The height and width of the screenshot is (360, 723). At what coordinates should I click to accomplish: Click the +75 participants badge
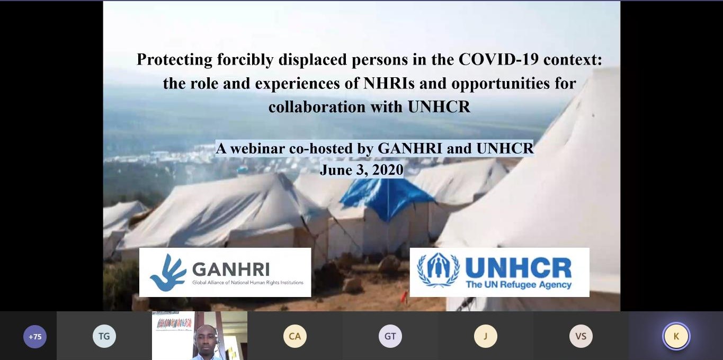(35, 337)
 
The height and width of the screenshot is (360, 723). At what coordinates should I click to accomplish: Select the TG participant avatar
(104, 336)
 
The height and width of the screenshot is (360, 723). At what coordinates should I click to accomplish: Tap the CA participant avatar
(294, 336)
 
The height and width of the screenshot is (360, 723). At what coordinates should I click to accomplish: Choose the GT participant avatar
(390, 336)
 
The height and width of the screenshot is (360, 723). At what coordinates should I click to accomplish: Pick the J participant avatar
(485, 336)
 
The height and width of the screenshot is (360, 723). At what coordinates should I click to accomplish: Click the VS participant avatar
(581, 336)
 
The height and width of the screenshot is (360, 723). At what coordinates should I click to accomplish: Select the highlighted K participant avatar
(676, 336)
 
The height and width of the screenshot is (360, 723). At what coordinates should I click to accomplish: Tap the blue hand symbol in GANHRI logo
(168, 273)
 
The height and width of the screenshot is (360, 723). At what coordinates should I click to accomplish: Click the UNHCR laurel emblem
(439, 269)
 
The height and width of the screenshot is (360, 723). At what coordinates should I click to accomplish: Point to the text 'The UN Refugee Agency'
(519, 284)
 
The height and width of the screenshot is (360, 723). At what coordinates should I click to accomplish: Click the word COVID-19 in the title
(498, 59)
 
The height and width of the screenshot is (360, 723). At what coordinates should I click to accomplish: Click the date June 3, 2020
(361, 170)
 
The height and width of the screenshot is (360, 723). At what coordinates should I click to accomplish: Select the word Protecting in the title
(175, 60)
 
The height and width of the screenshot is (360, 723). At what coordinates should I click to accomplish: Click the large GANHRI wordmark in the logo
(231, 269)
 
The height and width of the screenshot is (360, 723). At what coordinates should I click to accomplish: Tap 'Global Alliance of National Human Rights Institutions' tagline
(247, 283)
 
